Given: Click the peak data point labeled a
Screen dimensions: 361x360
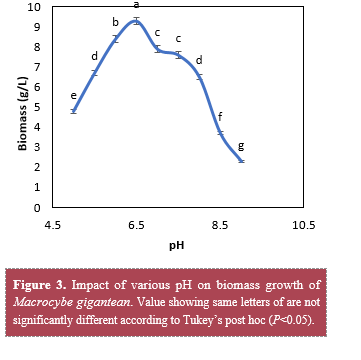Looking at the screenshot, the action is click(x=136, y=21).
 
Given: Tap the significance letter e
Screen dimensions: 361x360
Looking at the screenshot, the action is click(x=74, y=96).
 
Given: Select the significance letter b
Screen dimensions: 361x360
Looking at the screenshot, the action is click(x=115, y=22).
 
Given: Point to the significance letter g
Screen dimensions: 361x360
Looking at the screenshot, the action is click(x=241, y=146).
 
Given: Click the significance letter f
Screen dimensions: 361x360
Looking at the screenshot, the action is click(x=220, y=117).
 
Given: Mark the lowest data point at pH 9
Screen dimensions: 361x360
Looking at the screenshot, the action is click(x=241, y=161).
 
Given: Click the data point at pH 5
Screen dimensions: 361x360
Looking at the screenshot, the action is click(x=74, y=111).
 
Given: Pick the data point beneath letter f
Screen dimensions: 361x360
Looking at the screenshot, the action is click(x=220, y=133).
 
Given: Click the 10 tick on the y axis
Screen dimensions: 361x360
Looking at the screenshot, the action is click(x=34, y=7).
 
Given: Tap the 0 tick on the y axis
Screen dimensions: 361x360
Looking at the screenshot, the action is click(x=37, y=208).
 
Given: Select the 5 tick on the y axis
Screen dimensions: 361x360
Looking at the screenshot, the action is click(x=37, y=107).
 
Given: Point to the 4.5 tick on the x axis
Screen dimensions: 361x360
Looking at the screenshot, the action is click(x=53, y=226).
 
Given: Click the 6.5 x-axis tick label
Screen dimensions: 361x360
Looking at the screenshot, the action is click(x=136, y=226).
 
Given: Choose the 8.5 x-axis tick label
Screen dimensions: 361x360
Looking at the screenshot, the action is click(x=220, y=226).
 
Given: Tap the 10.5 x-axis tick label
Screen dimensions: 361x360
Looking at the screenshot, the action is click(x=303, y=226).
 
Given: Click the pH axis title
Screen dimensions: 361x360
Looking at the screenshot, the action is click(x=177, y=246).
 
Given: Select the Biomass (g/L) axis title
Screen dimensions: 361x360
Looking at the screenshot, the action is click(x=23, y=114).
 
